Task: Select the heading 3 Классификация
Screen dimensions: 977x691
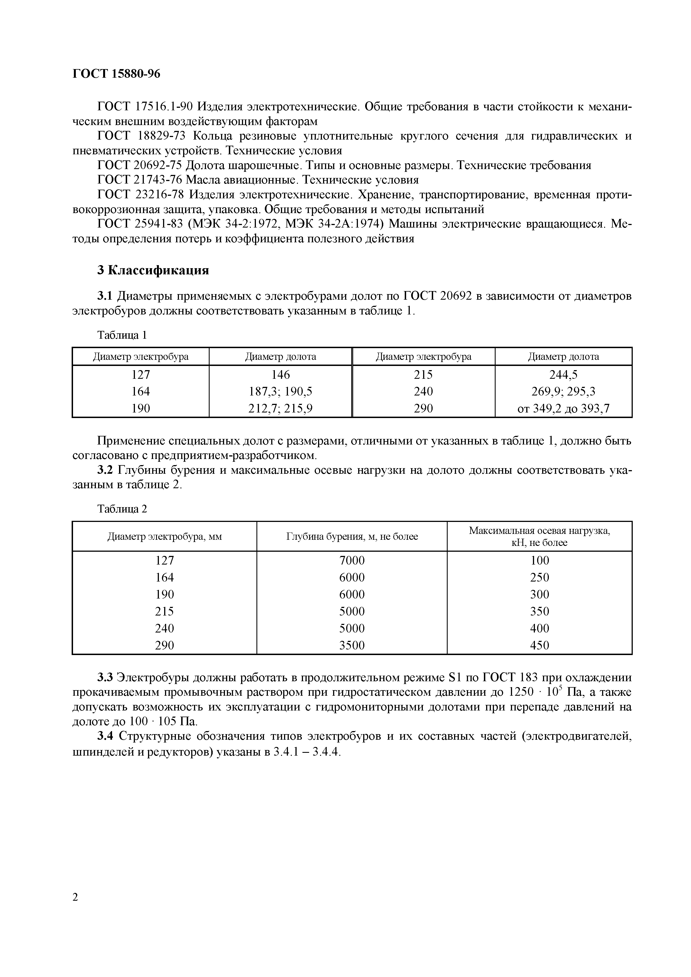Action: point(153,270)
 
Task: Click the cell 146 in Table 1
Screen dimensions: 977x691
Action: point(281,375)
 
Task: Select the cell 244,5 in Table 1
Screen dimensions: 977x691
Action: point(563,375)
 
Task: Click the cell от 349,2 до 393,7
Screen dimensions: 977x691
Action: point(563,409)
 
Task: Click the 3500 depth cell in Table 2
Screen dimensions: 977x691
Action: point(352,646)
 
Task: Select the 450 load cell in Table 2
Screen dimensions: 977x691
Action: point(539,646)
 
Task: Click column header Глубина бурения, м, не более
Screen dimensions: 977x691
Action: point(352,537)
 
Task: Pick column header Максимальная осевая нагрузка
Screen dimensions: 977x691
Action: point(539,531)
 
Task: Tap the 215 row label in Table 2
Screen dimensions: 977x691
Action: point(164,612)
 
